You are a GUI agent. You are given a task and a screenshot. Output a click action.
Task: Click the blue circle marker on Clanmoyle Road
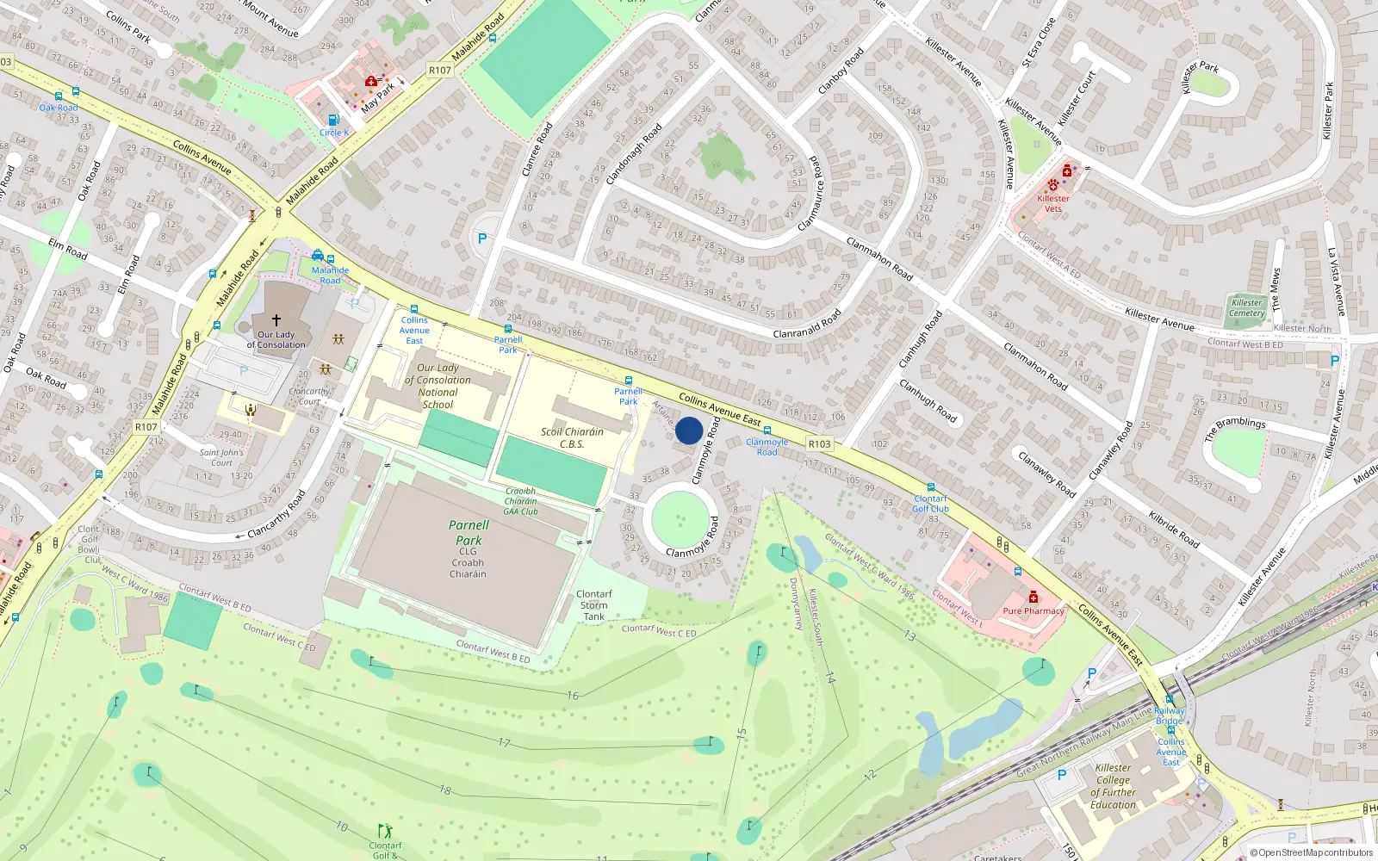[x=688, y=430]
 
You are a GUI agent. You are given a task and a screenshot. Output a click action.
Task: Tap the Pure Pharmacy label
[x=1033, y=610]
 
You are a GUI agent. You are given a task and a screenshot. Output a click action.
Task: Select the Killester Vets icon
[x=1052, y=185]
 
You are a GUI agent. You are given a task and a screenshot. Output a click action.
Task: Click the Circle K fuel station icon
[x=333, y=120]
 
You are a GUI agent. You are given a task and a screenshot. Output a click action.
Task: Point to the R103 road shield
[x=819, y=444]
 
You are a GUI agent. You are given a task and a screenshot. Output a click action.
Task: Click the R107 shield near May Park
[x=439, y=71]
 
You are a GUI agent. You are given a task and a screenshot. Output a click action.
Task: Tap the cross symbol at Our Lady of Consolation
[x=276, y=319]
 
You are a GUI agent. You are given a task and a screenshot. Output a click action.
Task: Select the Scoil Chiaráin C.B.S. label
[x=571, y=437]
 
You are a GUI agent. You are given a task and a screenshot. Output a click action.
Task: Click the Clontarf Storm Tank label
[x=593, y=605]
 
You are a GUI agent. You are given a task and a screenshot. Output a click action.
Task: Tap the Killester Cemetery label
[x=1246, y=307]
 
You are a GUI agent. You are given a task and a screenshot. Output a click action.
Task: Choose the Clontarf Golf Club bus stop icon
[x=930, y=487]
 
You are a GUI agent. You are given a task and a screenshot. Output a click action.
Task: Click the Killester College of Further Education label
[x=1113, y=786]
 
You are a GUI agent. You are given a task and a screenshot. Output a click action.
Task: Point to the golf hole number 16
[x=573, y=695]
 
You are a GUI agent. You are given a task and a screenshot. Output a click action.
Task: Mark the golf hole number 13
[x=909, y=635]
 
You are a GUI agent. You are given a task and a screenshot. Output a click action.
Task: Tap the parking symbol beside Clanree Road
[x=481, y=238]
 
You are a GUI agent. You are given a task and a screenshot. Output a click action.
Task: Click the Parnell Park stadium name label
[x=469, y=532]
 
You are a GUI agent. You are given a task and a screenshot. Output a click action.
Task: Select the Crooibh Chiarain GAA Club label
[x=520, y=501]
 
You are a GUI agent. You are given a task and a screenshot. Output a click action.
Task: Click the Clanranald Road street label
[x=806, y=325]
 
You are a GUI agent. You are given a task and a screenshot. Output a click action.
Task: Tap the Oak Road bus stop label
[x=59, y=108]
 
